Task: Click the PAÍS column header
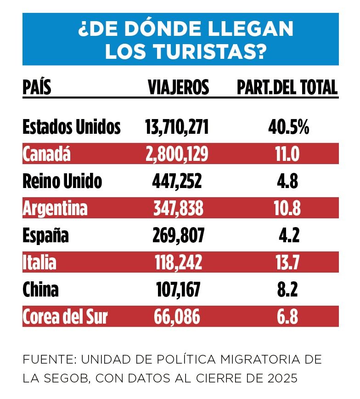point(37,87)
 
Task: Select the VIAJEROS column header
point(178,87)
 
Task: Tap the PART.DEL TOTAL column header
point(287,87)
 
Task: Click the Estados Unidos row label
point(72,127)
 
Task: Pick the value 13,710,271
point(177,127)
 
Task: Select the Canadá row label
point(47,154)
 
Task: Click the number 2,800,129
point(177,154)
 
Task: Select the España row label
point(46,236)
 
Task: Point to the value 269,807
point(177,236)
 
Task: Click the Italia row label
point(39,263)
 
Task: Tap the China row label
point(40,290)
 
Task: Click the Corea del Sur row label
point(65,317)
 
